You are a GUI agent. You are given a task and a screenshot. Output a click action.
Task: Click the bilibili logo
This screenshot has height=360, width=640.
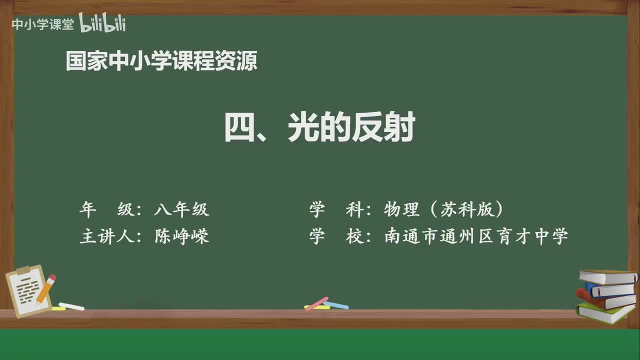pos(102,23)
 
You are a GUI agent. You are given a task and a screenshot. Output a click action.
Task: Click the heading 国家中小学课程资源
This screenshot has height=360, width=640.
pos(161,61)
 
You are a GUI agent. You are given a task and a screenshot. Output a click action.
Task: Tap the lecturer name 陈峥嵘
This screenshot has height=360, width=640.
pos(181,236)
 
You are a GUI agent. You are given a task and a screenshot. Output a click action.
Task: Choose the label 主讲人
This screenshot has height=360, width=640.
pos(103,236)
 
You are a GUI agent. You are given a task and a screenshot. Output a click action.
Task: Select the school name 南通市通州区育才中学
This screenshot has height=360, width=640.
pos(476,236)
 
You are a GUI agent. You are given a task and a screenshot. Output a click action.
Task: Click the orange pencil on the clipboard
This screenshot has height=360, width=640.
pos(46,288)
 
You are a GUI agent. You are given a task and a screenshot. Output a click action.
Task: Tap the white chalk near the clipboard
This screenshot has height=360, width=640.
pos(71,306)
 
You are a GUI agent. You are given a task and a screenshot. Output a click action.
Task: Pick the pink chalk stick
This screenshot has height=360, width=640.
pos(316,303)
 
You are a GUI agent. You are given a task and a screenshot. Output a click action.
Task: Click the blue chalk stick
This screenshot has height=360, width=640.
pos(336,305)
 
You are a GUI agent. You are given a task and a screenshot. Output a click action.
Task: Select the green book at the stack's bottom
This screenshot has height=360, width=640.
pos(605,313)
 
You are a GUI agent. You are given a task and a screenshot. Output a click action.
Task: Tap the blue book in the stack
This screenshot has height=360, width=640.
pos(609,289)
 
